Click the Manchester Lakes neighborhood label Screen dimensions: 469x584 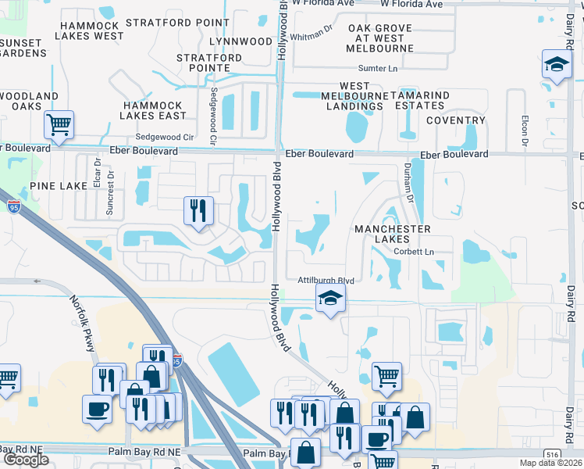(393, 234)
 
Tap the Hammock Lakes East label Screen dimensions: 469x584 (153, 110)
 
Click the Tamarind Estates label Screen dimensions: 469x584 (422, 100)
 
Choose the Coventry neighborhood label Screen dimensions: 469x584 (456, 120)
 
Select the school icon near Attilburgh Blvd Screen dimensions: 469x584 (330, 298)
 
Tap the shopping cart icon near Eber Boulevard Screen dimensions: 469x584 (59, 124)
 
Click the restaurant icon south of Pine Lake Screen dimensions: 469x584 (198, 210)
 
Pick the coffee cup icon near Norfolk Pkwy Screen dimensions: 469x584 (98, 410)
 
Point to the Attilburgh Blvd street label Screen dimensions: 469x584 (326, 281)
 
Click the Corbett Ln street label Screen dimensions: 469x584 (413, 252)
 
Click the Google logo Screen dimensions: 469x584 (26, 459)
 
